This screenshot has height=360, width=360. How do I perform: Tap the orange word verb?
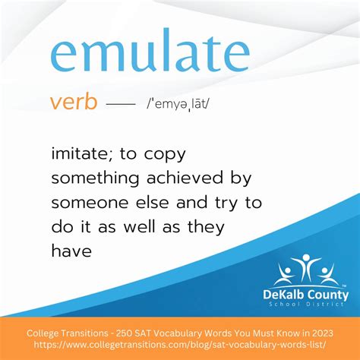pyautogui.click(x=74, y=102)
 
